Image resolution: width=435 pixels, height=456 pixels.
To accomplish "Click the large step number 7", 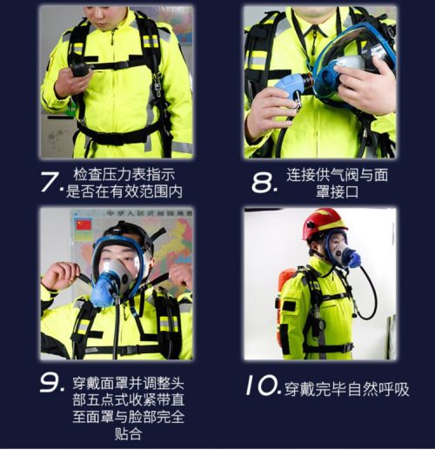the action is point(50,182).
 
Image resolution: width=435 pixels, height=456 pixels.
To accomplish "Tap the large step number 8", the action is point(262,184).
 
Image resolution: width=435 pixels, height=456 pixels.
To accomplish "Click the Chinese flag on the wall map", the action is point(84,225).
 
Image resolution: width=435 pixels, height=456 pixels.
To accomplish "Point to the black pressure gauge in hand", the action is point(81,70).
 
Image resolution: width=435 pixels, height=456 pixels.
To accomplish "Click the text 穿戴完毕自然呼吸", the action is point(346,389).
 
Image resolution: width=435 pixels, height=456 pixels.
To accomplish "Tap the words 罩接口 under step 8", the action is point(337,192).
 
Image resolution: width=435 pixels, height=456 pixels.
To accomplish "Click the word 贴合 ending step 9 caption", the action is point(128,434).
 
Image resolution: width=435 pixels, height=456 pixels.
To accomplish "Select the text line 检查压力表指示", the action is point(124,175).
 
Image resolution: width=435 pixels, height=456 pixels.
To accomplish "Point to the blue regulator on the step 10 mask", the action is point(354,257).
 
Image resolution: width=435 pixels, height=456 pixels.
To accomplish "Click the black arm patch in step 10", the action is point(289,306).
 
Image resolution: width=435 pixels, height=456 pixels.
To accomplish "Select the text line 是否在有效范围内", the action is point(124,191).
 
